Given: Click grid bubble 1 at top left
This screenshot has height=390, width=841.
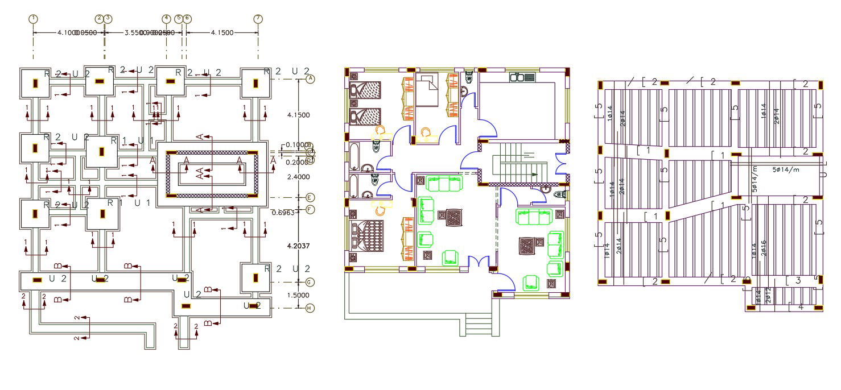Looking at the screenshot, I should pos(34,18).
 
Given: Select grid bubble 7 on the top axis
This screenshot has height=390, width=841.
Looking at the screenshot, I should pos(258,18).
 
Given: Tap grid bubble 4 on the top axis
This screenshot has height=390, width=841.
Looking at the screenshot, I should pos(166,18).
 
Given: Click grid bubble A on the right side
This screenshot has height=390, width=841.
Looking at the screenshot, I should pos(310,79).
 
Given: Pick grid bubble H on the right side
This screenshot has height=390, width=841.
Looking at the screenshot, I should pos(310,308).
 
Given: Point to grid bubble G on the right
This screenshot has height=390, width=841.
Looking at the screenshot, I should pos(310,282).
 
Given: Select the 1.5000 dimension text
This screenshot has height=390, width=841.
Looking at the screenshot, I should pos(299,295).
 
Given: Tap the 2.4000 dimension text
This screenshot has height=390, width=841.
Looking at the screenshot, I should pos(299,177).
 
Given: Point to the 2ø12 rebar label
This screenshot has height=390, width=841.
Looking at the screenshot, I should pos(768,296).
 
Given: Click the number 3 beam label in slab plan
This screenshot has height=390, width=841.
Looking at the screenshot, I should pos(798,280).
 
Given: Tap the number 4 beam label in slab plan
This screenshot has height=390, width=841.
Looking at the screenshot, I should pos(801,307).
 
